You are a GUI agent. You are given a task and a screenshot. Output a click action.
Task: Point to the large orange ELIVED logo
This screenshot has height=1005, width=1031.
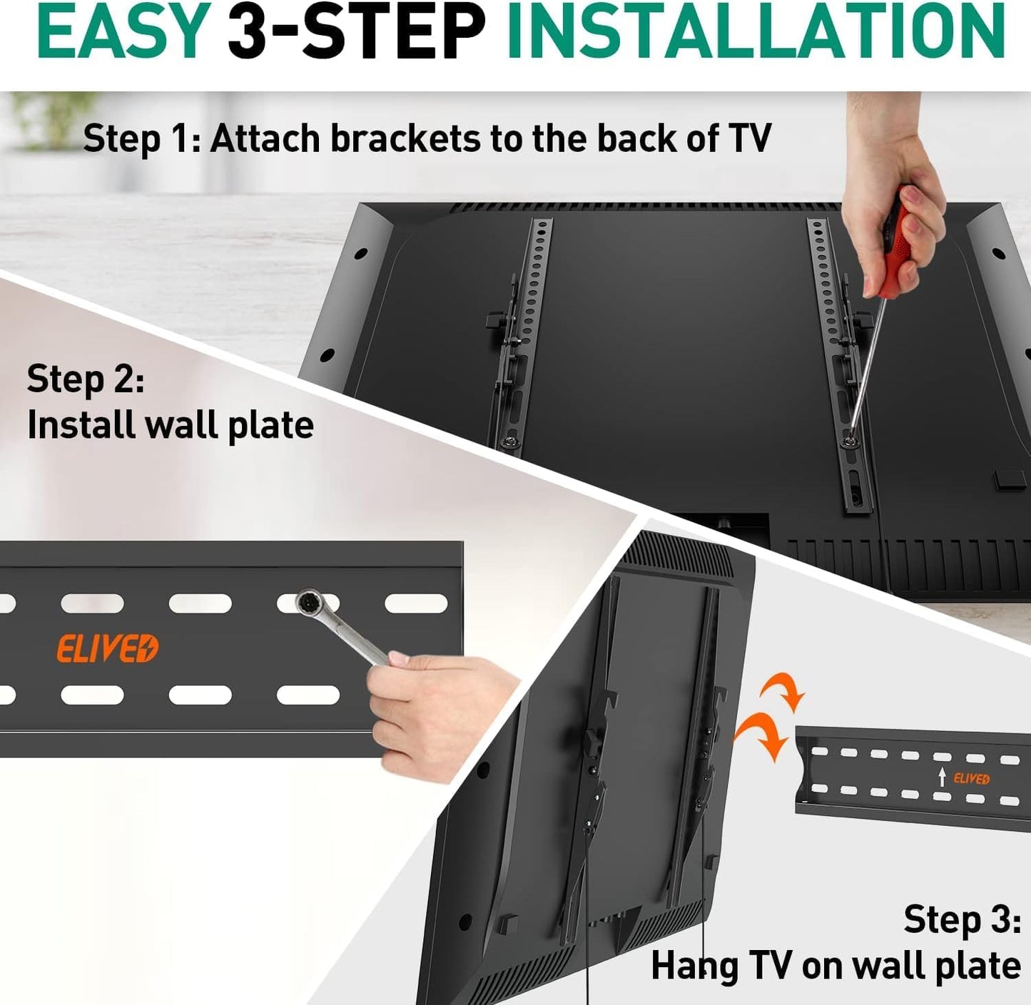pos(108,648)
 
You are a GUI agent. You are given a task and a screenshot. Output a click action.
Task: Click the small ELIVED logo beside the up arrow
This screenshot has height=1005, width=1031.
pos(971,779)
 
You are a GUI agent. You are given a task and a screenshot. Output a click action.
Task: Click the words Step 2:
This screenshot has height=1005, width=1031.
pos(86,379)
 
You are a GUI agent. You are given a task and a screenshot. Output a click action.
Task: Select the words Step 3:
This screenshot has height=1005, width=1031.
pos(962,919)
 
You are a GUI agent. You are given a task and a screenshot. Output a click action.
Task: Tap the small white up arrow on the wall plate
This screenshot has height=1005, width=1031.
pos(942,777)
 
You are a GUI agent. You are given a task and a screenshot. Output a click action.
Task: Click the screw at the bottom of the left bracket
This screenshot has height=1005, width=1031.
pos(512,441)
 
